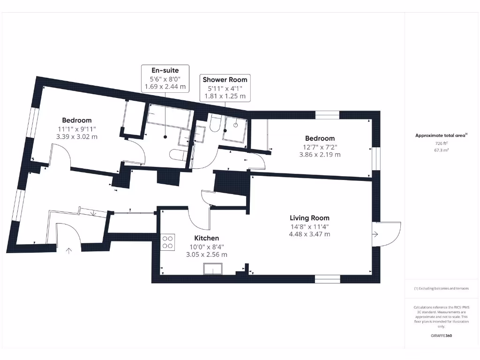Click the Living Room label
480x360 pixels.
click(x=309, y=218)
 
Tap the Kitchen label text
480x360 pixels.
click(x=207, y=238)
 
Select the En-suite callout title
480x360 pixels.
click(x=165, y=70)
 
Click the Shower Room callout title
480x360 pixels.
click(x=225, y=80)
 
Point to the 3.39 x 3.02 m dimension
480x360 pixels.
click(x=76, y=137)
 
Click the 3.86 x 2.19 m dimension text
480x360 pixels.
click(x=320, y=154)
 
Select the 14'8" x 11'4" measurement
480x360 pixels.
click(x=309, y=226)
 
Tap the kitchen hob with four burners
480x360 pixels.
click(x=168, y=242)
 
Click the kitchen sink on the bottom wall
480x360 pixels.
click(x=213, y=269)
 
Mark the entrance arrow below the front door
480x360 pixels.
click(x=69, y=250)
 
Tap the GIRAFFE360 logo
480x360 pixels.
click(x=441, y=336)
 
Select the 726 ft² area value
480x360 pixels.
click(x=441, y=143)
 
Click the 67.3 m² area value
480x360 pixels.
click(x=441, y=150)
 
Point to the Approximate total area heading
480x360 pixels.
click(x=441, y=135)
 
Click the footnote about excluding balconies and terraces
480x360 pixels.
click(x=441, y=289)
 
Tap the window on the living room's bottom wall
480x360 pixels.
click(x=327, y=279)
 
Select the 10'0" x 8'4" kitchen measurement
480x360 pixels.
click(x=207, y=247)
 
